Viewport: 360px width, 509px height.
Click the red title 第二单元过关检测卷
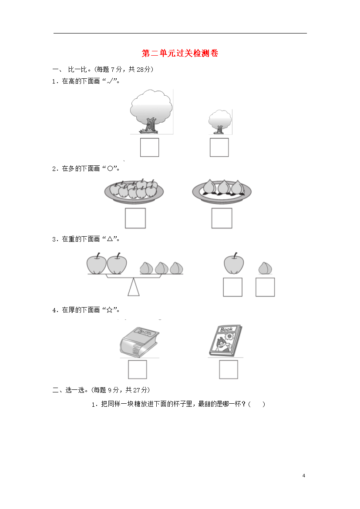coord(180,53)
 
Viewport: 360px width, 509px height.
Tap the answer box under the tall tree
coord(149,147)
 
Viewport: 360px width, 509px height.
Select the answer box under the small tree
coord(219,147)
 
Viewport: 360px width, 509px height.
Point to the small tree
coord(220,122)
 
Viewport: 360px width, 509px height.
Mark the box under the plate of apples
coord(135,218)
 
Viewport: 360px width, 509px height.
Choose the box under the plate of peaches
coord(222,218)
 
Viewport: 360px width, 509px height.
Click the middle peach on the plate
coord(224,187)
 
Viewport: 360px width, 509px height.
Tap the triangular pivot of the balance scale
coord(133,287)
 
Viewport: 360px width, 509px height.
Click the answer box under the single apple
coord(232,287)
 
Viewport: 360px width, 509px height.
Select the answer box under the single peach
coord(265,287)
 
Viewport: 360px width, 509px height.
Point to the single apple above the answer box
coord(234,264)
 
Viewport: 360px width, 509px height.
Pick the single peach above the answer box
coord(265,268)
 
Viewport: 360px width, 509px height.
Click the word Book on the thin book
coord(226,329)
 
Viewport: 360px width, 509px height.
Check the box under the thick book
coord(138,369)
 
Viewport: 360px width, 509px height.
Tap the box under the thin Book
coord(229,369)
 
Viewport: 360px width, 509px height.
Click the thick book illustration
coord(139,342)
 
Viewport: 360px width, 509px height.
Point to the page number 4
coord(304,476)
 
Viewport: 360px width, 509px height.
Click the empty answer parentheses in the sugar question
coord(257,404)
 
